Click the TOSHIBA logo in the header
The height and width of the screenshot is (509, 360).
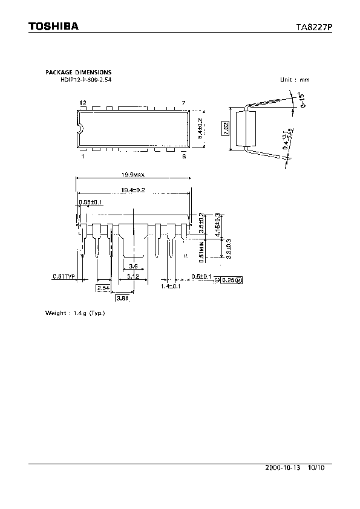click(53, 27)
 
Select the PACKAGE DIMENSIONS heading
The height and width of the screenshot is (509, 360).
click(78, 73)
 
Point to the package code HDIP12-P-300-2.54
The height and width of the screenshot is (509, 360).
click(86, 79)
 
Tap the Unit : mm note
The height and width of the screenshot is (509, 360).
click(294, 80)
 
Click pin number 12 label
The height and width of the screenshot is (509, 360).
click(83, 103)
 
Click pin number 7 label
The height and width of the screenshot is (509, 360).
click(183, 103)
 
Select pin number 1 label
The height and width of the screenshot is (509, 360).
click(82, 155)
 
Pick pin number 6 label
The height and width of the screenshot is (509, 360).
click(183, 155)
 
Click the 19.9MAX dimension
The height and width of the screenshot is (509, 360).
click(133, 176)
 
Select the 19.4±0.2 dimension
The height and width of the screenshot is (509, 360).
click(133, 190)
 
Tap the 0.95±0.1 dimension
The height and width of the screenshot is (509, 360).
click(91, 202)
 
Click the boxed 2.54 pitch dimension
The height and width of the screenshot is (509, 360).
click(102, 288)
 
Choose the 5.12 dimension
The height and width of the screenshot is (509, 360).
click(133, 276)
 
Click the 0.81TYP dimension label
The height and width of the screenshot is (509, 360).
click(63, 276)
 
